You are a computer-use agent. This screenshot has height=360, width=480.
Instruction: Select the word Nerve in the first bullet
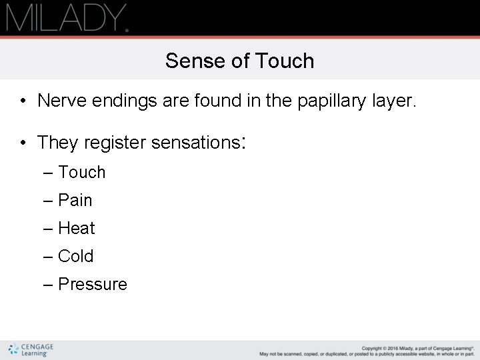pyautogui.click(x=59, y=101)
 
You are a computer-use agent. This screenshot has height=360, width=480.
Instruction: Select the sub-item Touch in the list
pyautogui.click(x=81, y=172)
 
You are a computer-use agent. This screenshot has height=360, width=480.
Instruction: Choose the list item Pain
pyautogui.click(x=75, y=200)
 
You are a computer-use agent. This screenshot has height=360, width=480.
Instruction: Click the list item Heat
pyautogui.click(x=76, y=228)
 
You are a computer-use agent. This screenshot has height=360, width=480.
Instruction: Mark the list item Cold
pyautogui.click(x=75, y=256)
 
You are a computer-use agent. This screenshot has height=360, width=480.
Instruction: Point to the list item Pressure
pyautogui.click(x=92, y=284)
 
